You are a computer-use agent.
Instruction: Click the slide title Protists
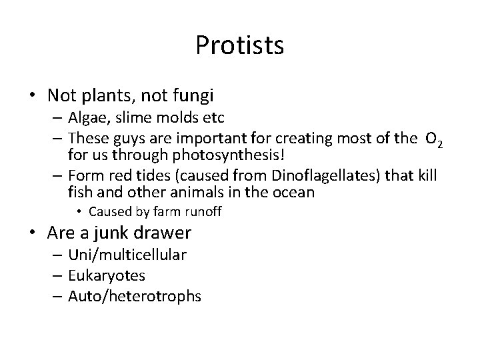click(240, 45)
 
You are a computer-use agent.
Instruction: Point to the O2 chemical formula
click(435, 138)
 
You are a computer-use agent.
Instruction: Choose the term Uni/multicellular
click(127, 254)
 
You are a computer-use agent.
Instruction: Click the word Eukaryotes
click(107, 275)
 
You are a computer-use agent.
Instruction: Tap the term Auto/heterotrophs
click(135, 296)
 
